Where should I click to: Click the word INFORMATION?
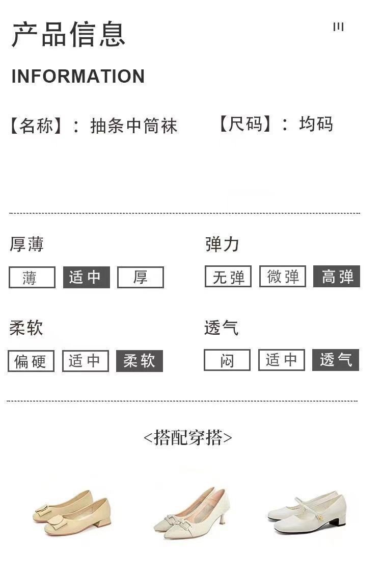(x=78, y=77)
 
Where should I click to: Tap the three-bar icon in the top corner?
(x=338, y=27)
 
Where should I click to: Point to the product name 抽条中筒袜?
(x=134, y=126)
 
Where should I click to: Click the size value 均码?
(x=316, y=124)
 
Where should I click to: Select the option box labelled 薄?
(x=32, y=278)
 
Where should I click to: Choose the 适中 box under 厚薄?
(x=86, y=278)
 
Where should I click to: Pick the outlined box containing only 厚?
(x=141, y=278)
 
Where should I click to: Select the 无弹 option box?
(x=228, y=277)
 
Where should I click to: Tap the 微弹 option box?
(x=283, y=277)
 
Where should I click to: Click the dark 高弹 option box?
(x=337, y=277)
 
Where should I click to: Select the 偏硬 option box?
(x=31, y=361)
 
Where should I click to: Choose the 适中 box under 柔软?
(x=85, y=361)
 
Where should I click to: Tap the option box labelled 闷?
(x=227, y=360)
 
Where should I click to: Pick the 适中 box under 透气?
(x=281, y=360)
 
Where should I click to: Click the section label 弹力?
(x=222, y=244)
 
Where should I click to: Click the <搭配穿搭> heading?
(x=187, y=437)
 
